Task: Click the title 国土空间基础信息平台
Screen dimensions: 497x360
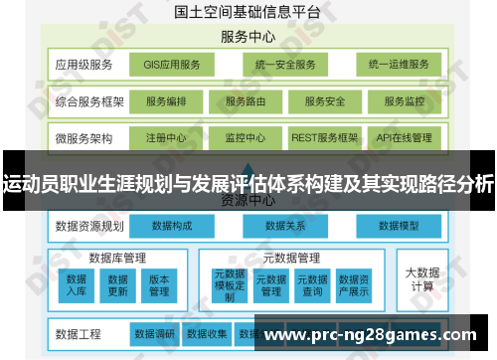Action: (248, 13)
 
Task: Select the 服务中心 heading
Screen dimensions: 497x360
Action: (248, 38)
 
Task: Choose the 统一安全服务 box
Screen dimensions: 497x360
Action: (283, 66)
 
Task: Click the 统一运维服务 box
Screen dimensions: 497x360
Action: (398, 66)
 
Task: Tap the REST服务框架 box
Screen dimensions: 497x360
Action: (324, 137)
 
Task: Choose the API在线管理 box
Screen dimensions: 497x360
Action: (405, 137)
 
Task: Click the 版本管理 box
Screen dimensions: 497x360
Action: (159, 285)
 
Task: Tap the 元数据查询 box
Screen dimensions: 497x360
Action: (312, 285)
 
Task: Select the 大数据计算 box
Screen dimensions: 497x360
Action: (419, 279)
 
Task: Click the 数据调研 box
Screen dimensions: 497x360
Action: (154, 333)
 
